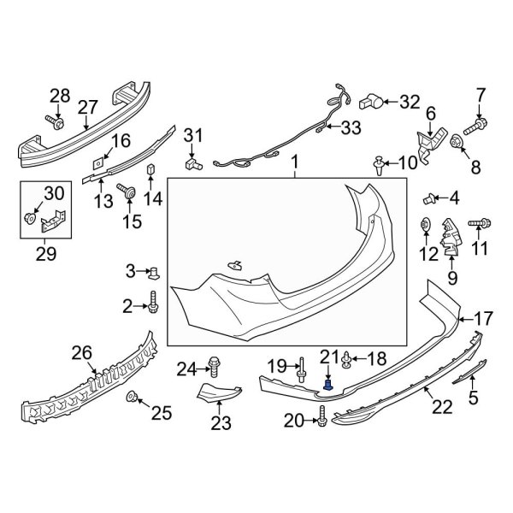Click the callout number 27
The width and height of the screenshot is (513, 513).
[x=88, y=106]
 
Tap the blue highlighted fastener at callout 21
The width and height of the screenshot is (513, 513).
[x=327, y=386]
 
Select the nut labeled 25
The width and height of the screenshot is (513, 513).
[x=133, y=397]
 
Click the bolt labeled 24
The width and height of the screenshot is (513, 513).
[x=215, y=369]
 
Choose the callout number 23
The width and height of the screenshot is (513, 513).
[x=221, y=423]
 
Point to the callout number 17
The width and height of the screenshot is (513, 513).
[x=483, y=318]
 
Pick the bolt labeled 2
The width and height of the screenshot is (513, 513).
[x=154, y=302]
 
